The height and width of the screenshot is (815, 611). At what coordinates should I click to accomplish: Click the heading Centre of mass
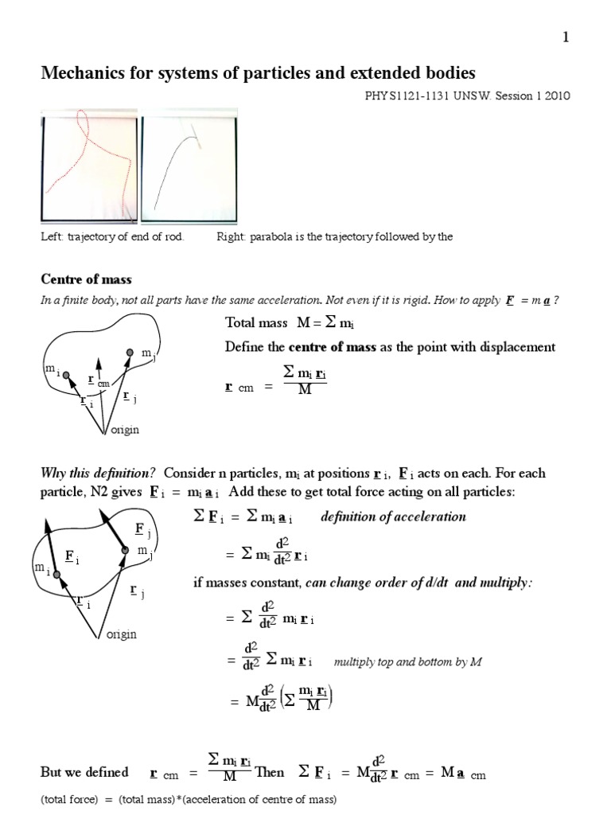pos(86,279)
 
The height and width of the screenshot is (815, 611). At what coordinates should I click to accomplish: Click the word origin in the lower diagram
pos(121,634)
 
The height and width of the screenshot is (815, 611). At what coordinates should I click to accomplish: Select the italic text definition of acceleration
pos(393,517)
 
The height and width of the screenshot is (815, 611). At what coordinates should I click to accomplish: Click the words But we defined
pos(84,772)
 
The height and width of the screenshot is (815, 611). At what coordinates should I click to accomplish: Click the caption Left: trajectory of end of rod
pos(111,237)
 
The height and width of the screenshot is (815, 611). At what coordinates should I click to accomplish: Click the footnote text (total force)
pos(69,799)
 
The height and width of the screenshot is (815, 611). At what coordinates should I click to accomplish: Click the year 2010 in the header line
pos(558,96)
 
